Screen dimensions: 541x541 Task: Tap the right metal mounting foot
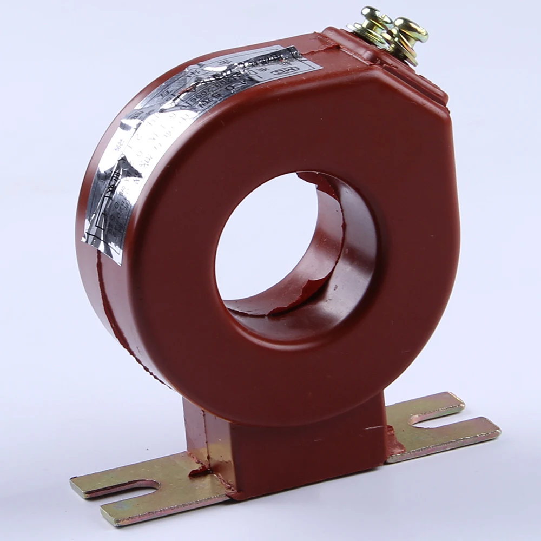click(x=433, y=427)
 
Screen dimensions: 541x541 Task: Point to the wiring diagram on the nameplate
click(x=108, y=216)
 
